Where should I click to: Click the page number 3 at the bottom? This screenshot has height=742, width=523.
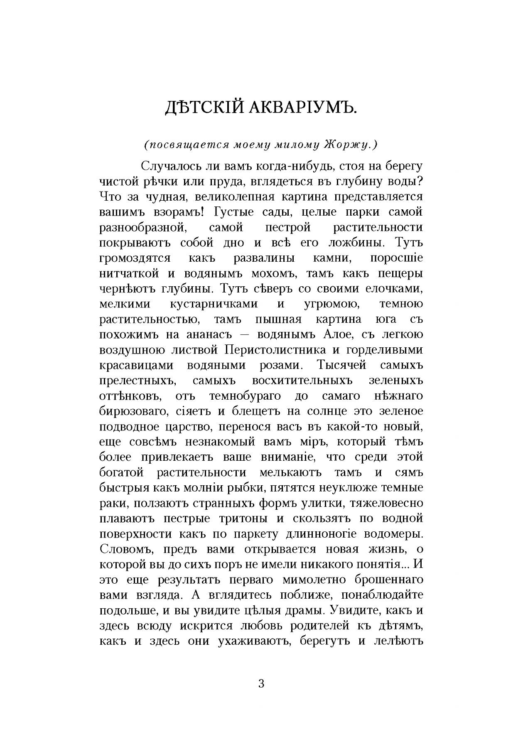tap(261, 683)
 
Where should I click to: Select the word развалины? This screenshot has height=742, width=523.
tap(264, 258)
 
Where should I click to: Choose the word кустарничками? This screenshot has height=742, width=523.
tap(214, 304)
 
